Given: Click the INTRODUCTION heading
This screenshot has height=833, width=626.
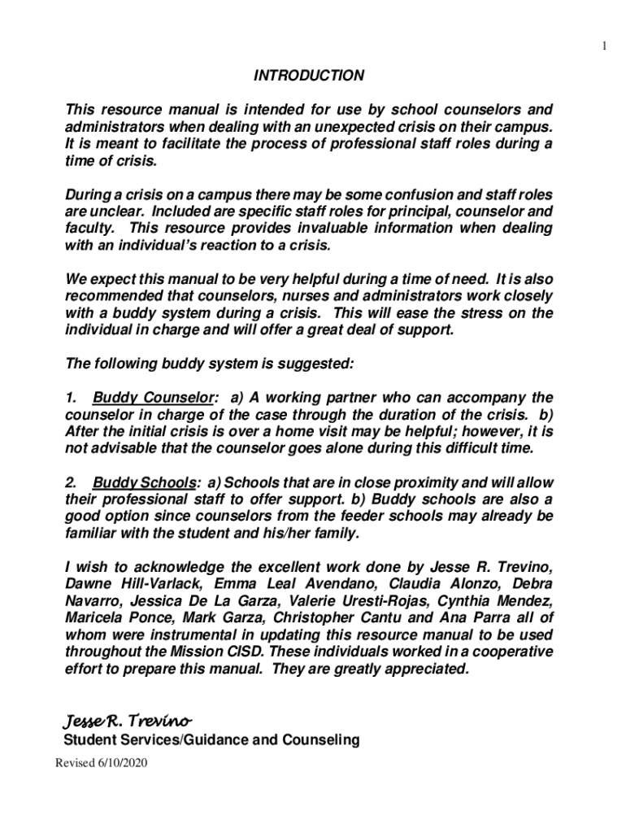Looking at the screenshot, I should tap(309, 76).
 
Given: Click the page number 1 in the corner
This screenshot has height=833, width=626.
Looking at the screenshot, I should tap(604, 46).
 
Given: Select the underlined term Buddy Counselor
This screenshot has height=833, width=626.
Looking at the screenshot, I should tap(154, 398).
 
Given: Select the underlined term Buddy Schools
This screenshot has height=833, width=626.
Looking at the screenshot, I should tap(144, 482).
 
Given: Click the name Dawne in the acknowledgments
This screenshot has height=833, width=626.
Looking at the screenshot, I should tap(88, 584).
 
